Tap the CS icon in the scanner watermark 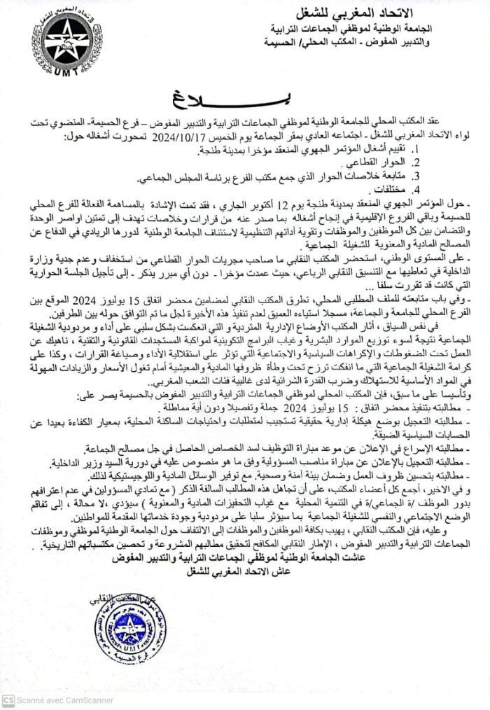coord(8,701)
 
